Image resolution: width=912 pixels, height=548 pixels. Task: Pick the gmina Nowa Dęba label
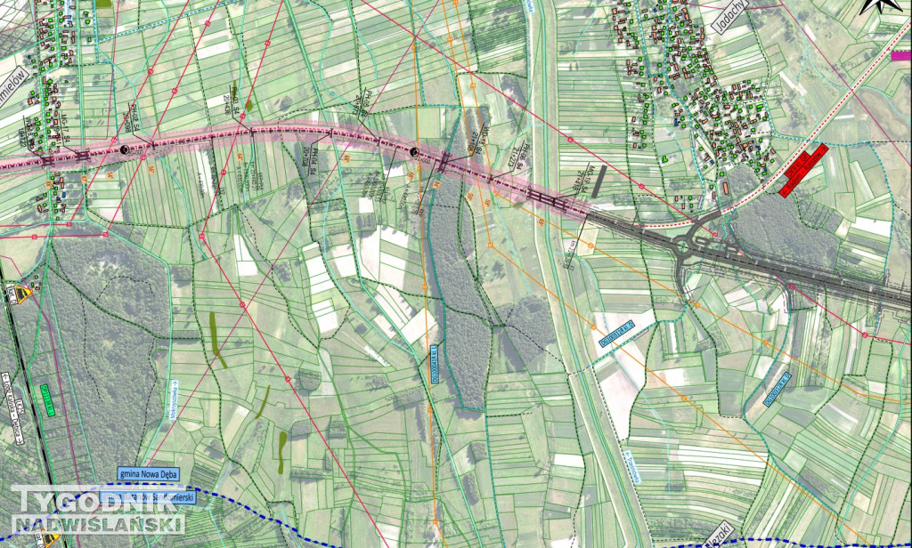tap(147, 473)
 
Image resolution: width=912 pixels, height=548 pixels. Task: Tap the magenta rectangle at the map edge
tap(900, 55)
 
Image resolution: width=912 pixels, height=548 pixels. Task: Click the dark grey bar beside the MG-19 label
tap(598, 178)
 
